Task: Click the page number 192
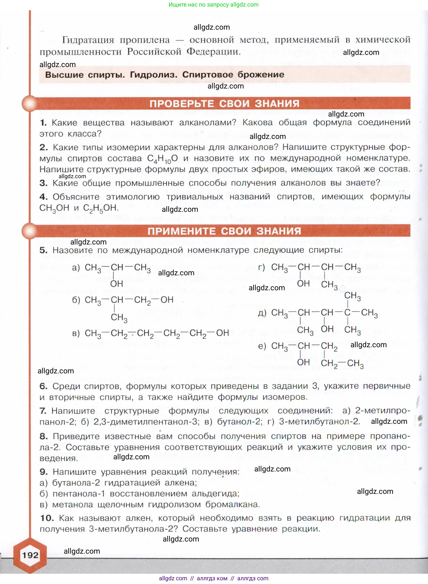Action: click(30, 555)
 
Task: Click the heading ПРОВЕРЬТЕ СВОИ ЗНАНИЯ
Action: click(224, 104)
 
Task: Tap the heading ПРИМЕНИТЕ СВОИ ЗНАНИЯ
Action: click(224, 231)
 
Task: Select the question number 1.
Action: click(43, 123)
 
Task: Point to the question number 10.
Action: click(47, 518)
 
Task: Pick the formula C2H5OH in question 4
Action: click(101, 208)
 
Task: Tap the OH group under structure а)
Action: click(117, 284)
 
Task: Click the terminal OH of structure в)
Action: click(222, 333)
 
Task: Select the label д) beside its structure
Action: click(262, 313)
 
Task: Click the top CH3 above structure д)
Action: click(352, 296)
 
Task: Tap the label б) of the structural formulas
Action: click(76, 300)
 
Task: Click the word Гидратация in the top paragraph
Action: click(88, 40)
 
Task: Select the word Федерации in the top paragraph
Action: click(213, 52)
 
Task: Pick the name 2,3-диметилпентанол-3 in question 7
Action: click(146, 421)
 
